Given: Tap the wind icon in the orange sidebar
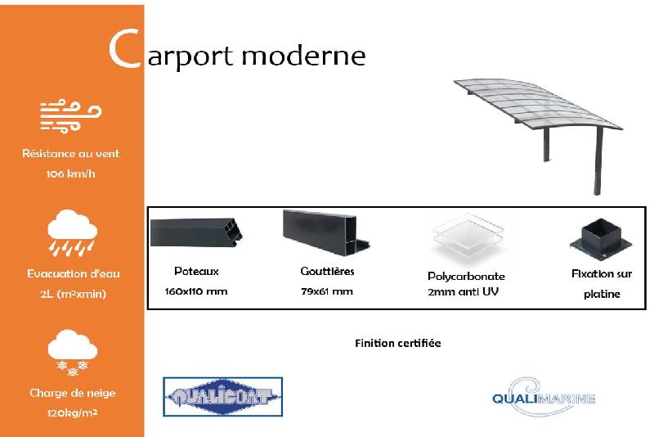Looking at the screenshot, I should [71, 116].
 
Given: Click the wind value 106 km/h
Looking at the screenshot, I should [71, 173].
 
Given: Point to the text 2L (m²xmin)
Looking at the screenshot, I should [72, 294].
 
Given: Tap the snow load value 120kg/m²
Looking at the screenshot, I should [72, 412].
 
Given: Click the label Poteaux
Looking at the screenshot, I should [196, 271].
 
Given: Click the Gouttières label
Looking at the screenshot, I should [327, 271].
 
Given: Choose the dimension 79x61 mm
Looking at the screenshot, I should [327, 291].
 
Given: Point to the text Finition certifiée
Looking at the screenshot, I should [398, 343].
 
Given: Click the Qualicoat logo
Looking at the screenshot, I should [222, 399].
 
